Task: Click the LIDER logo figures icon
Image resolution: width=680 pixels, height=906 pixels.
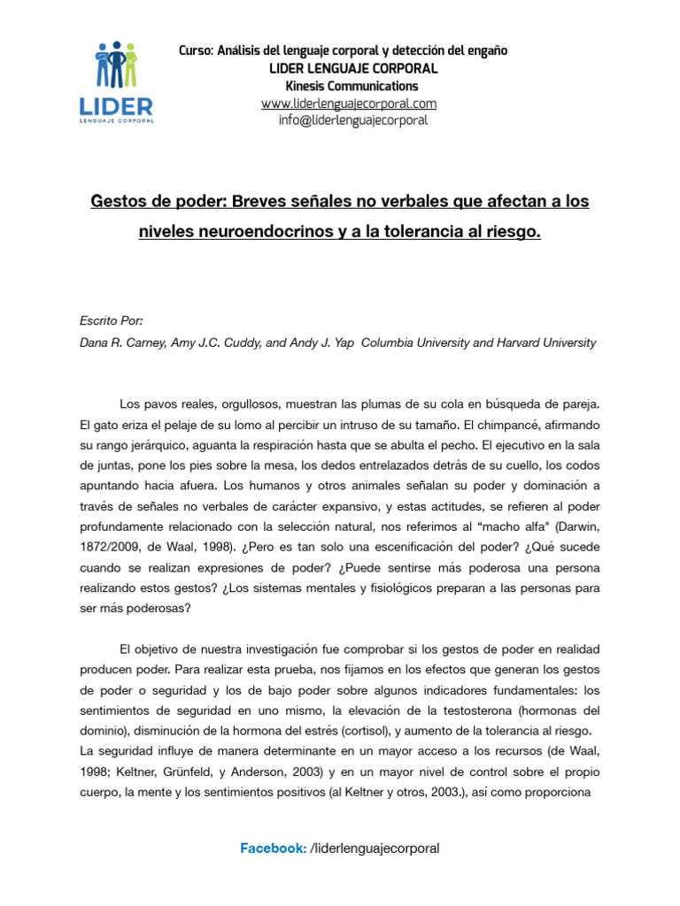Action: [116, 63]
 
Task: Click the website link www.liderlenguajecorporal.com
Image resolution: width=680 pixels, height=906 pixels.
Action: [349, 104]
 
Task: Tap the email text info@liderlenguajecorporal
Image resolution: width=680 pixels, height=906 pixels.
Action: [352, 120]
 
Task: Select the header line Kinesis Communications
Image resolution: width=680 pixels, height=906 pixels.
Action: [352, 86]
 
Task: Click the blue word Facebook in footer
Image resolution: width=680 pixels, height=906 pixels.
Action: [273, 848]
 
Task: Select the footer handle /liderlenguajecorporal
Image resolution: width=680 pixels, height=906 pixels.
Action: [375, 848]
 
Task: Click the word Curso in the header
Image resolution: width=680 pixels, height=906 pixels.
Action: [195, 51]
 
